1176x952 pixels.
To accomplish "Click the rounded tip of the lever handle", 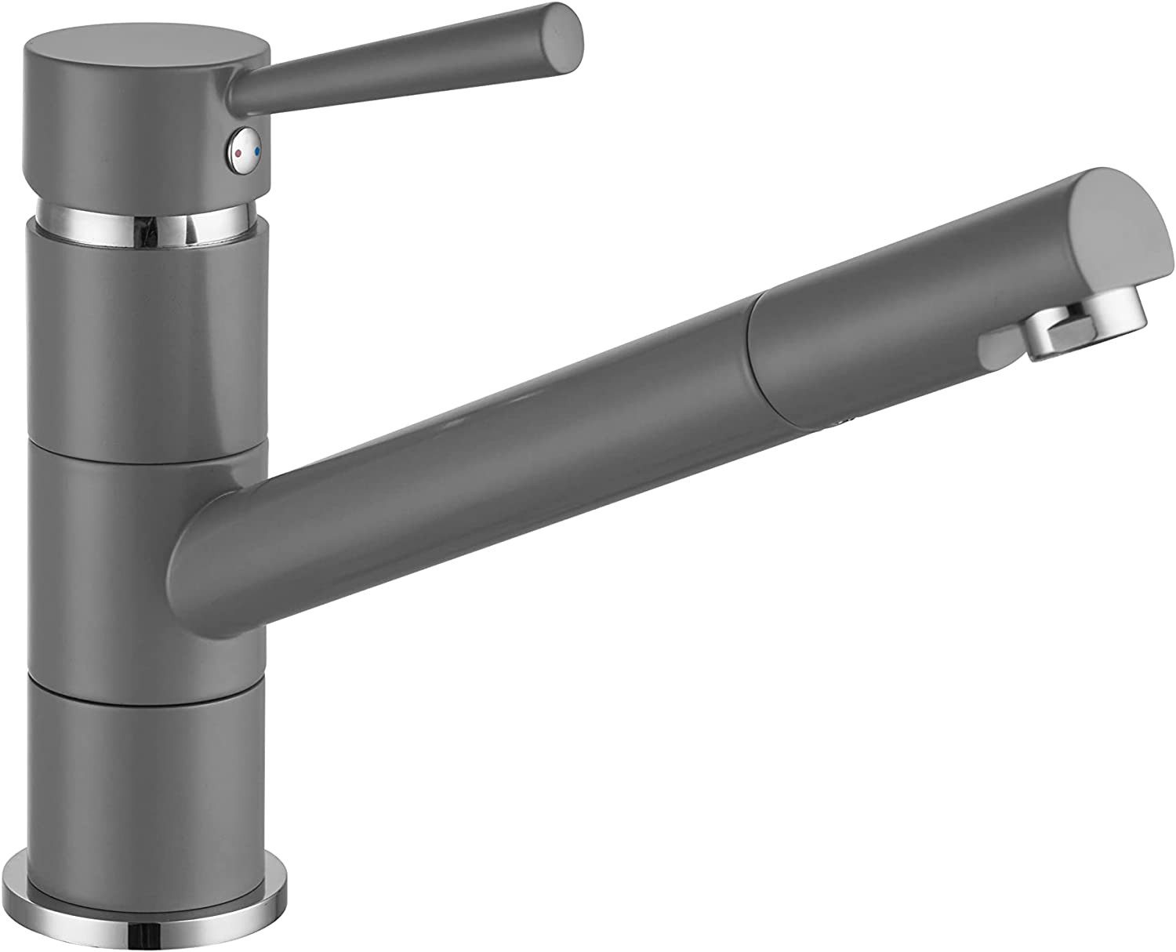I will click(569, 31).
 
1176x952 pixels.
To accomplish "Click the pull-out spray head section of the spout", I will click(902, 314).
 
